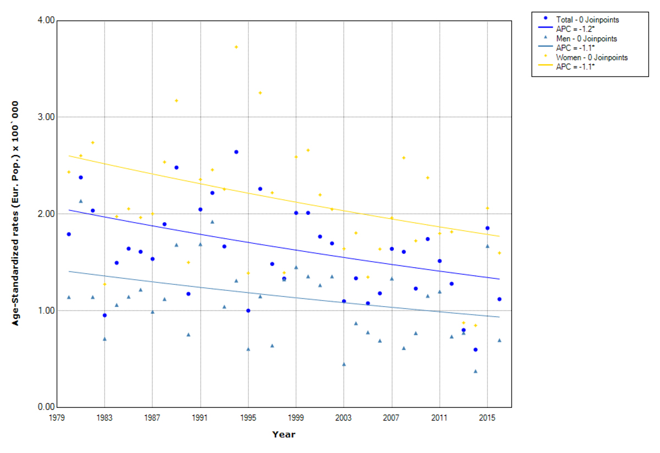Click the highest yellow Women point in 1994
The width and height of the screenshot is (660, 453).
236,47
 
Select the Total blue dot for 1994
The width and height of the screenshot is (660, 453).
236,152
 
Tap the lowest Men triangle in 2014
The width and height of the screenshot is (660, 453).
475,371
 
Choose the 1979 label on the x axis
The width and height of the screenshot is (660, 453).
57,417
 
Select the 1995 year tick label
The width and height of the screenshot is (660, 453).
248,417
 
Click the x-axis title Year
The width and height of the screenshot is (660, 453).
284,435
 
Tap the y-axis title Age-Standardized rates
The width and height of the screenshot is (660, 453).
16,213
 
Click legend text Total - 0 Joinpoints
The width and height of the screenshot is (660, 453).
587,20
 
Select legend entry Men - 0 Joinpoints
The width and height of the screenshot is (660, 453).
586,39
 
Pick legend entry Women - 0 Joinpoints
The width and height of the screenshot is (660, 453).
592,57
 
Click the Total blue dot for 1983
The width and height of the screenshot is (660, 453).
105,315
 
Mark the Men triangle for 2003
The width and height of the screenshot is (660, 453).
344,364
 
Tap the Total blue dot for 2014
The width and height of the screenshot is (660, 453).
475,350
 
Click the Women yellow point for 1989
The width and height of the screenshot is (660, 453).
177,101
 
